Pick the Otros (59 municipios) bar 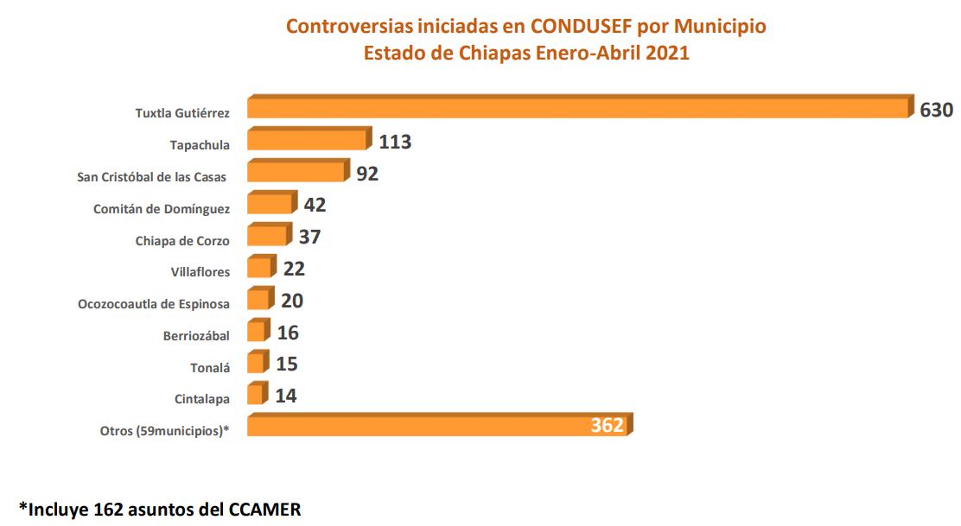[x=438, y=425]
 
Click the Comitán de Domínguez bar [x=270, y=205]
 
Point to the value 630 [x=936, y=111]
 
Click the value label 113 [x=394, y=142]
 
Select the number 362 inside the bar [x=608, y=425]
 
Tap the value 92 [x=367, y=173]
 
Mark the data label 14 [x=287, y=396]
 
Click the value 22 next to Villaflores [x=294, y=269]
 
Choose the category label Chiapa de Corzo [x=182, y=241]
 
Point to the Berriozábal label [x=196, y=336]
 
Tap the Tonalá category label [x=210, y=368]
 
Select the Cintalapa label [x=202, y=399]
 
